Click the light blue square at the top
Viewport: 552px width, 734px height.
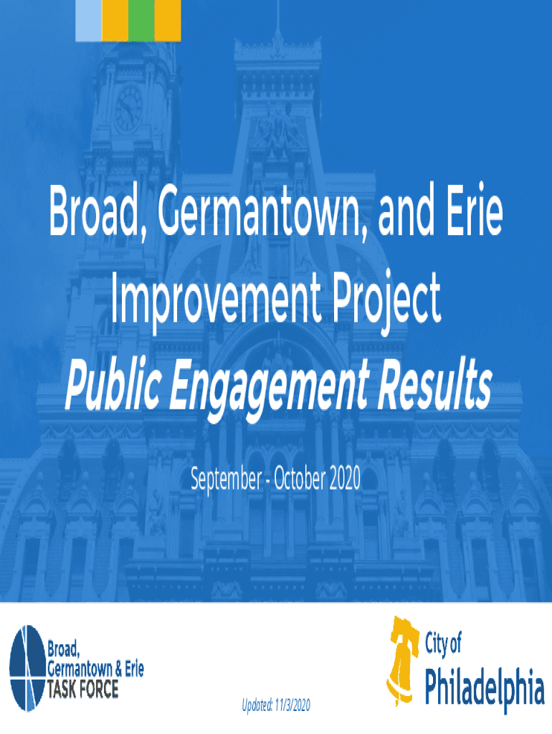coord(88,21)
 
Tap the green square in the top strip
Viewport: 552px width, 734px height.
coord(141,21)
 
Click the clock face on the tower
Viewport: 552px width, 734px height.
coord(129,108)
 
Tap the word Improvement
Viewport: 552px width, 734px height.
coord(216,298)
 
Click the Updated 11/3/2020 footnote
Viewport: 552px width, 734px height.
coord(276,705)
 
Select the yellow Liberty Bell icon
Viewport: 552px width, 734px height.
coord(401,662)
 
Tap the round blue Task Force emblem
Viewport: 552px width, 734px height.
coord(28,668)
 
